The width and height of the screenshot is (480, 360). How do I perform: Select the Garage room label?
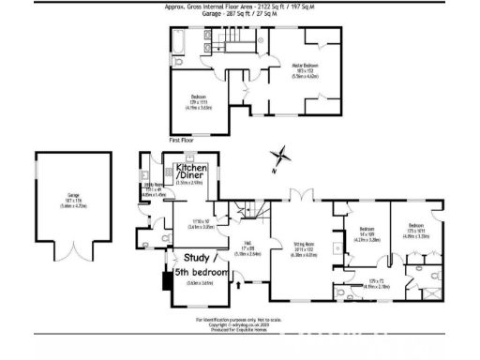(x=73, y=198)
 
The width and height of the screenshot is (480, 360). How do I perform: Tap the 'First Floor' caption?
(x=181, y=140)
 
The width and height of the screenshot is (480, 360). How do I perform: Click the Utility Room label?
(x=154, y=187)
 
